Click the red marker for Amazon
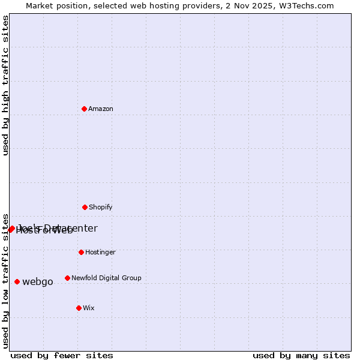(x=85, y=109)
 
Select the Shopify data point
(x=85, y=207)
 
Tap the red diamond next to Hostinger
(x=81, y=252)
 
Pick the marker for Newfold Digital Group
(x=67, y=278)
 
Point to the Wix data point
(x=79, y=308)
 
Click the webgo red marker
(x=17, y=281)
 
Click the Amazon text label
(x=101, y=109)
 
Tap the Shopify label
(x=101, y=207)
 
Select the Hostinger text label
(x=100, y=252)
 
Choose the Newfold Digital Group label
(x=106, y=278)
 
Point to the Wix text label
(x=89, y=308)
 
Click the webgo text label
(x=38, y=282)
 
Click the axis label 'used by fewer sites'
(x=62, y=355)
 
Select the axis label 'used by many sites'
(x=301, y=355)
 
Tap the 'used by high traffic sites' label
(x=5, y=85)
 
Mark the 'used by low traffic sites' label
(x=5, y=280)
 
